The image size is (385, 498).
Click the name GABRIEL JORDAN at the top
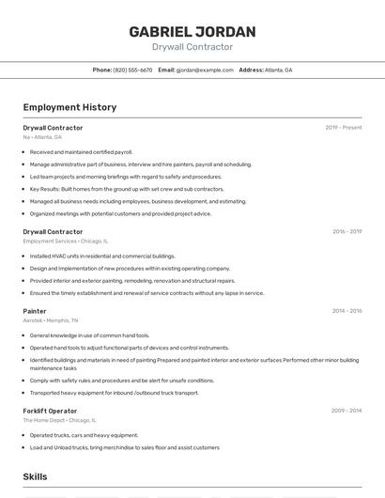pos(192,32)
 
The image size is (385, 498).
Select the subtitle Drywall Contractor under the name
pos(192,47)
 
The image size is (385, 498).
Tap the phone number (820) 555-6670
pos(132,70)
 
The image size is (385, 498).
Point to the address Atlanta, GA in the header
pos(278,70)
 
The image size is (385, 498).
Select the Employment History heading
pos(69,107)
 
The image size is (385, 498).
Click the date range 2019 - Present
pos(344,128)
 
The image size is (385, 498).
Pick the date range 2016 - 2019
pos(346,231)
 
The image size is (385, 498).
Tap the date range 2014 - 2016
pos(346,311)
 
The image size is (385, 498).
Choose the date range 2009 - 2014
pos(346,411)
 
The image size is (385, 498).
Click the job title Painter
pos(35,311)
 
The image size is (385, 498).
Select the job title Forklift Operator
pos(50,411)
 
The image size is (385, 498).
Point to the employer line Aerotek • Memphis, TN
pos(51,320)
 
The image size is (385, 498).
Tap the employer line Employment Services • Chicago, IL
pos(66,241)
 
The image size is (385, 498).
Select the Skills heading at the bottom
pos(35,477)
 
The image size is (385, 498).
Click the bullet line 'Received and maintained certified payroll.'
pos(81,151)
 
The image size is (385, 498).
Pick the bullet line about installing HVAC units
pos(102,256)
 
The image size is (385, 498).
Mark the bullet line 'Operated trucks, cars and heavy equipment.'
pos(84,435)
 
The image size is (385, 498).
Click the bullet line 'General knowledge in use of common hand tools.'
pos(89,335)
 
